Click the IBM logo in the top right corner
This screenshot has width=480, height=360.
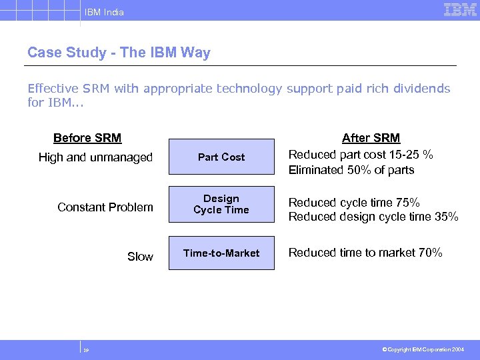point(460,9)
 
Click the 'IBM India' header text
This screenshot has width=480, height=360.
point(103,12)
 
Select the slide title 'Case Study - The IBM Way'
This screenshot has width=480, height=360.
point(119,53)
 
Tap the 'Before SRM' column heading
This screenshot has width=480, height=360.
point(87,138)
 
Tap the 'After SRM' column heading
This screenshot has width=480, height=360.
point(371,138)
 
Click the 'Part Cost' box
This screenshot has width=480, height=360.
point(221,157)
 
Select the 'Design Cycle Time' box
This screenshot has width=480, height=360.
point(221,204)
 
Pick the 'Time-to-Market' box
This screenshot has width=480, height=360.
point(221,253)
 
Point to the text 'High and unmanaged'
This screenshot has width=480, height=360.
point(95,157)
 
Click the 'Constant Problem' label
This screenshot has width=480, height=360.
point(105,207)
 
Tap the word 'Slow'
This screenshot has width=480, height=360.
point(140,257)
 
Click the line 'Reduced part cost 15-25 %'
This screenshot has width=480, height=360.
point(361,155)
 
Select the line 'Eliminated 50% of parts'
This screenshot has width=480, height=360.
point(351,170)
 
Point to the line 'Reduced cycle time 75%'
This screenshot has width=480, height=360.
point(354,202)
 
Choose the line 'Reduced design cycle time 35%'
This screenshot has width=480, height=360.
point(373,216)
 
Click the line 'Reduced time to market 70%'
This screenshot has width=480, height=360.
point(365,253)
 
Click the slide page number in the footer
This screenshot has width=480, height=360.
point(87,349)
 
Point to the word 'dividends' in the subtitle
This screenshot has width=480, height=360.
point(423,89)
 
